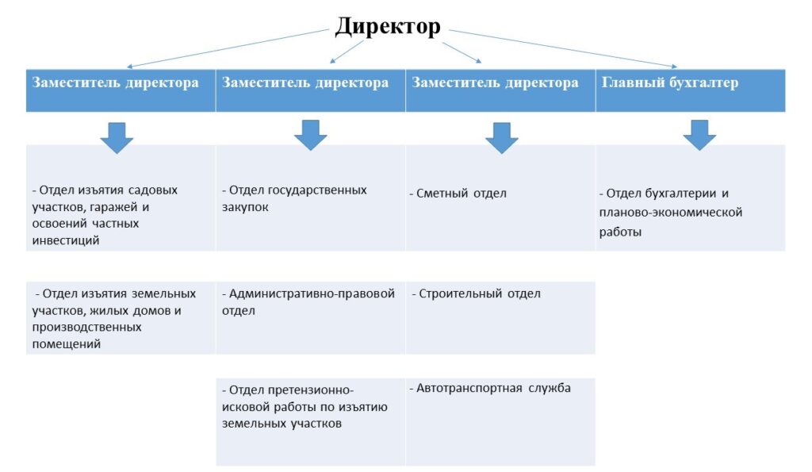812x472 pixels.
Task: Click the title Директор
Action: [388, 26]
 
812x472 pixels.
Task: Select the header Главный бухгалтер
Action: [669, 83]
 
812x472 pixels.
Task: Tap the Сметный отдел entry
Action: [458, 194]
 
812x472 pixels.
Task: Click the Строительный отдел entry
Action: [476, 294]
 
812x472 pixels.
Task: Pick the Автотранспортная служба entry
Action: [490, 388]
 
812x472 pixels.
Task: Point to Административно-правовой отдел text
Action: [308, 302]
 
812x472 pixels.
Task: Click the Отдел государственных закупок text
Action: [294, 198]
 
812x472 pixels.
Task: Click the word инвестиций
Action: [66, 240]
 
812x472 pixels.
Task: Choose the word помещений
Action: [67, 344]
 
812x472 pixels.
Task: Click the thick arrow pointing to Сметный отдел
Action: [501, 137]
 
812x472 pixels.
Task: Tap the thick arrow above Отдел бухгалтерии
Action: [699, 135]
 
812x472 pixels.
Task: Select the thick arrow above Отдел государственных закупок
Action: [310, 135]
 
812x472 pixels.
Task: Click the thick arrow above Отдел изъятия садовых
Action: [117, 138]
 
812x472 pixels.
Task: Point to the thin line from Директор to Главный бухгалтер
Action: [563, 48]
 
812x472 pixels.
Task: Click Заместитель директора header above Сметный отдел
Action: [495, 83]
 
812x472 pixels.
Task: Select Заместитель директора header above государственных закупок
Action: [305, 83]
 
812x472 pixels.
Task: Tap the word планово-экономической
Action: [671, 213]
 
